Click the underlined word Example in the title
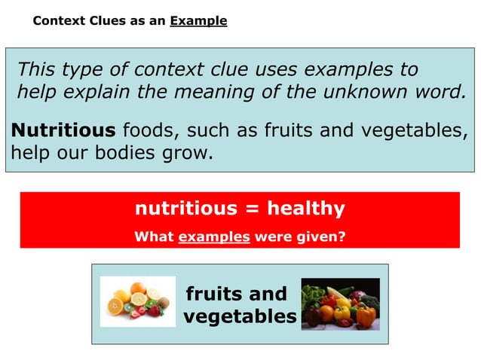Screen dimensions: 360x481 click(x=198, y=21)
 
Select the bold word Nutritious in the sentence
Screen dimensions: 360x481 click(x=63, y=131)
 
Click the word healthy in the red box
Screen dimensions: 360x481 click(x=306, y=209)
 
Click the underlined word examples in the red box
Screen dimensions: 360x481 click(x=214, y=236)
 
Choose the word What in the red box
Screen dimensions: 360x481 click(x=153, y=236)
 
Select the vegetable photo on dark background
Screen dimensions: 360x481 click(x=339, y=304)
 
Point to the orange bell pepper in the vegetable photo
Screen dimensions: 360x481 click(x=365, y=317)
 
